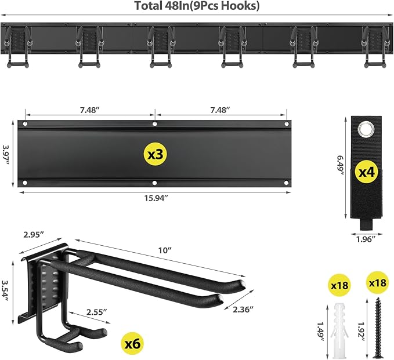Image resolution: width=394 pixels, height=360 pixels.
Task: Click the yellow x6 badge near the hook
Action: [133, 342]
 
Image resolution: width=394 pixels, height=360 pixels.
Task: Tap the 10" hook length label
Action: [166, 250]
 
